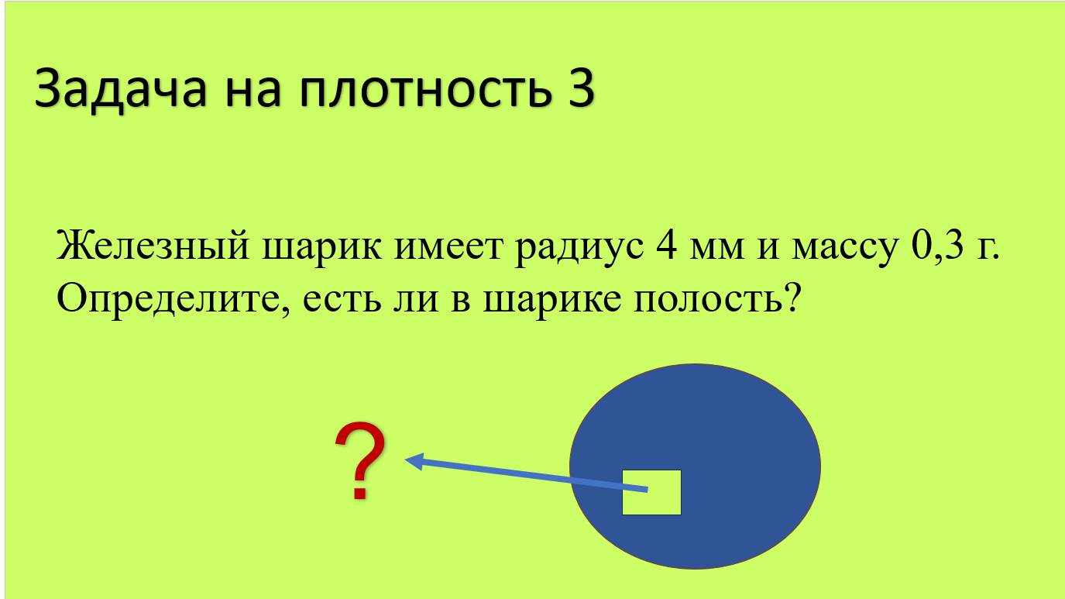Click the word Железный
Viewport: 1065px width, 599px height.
(x=152, y=246)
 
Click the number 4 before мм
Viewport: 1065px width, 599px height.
(x=667, y=246)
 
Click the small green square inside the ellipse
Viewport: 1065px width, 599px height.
(x=651, y=492)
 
